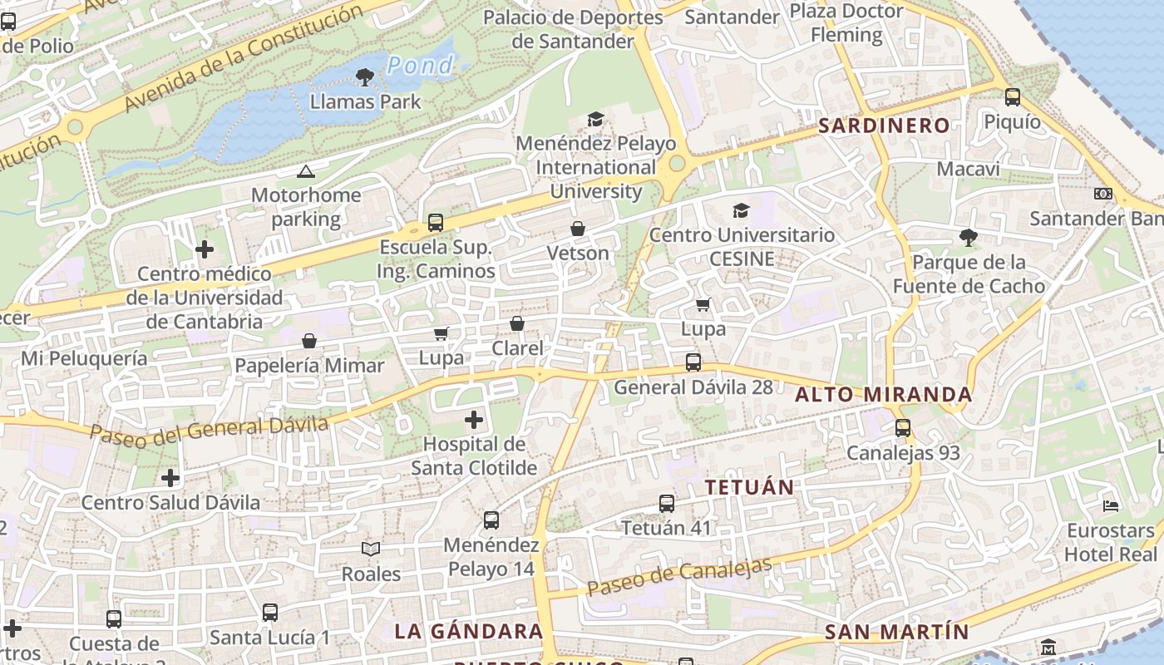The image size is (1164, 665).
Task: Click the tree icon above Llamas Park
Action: (x=363, y=78)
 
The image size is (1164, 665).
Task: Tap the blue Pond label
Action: (x=421, y=65)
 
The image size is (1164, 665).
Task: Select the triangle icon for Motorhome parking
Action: (x=305, y=172)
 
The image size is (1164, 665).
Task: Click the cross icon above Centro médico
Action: (x=205, y=249)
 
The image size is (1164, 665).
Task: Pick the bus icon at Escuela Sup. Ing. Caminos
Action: (x=436, y=223)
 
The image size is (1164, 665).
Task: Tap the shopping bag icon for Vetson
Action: (x=578, y=229)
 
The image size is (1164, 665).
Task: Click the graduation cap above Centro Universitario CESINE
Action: (x=741, y=211)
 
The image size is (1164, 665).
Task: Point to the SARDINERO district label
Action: (x=884, y=126)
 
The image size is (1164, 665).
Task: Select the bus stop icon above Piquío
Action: (x=1012, y=97)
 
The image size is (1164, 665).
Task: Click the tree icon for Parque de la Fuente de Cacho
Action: (x=968, y=238)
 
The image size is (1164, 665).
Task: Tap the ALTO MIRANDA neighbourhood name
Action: (x=883, y=394)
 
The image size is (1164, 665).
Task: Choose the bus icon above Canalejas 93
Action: (x=903, y=429)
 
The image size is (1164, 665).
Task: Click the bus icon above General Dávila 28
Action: (x=693, y=362)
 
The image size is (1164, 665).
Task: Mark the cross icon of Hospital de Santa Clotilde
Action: (x=474, y=420)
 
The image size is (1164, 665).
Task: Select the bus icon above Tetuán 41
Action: (x=667, y=504)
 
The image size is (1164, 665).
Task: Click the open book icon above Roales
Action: (x=371, y=549)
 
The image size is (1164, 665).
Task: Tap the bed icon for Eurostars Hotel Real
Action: (x=1111, y=505)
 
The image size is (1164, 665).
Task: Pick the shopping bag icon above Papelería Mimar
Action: (x=309, y=341)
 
